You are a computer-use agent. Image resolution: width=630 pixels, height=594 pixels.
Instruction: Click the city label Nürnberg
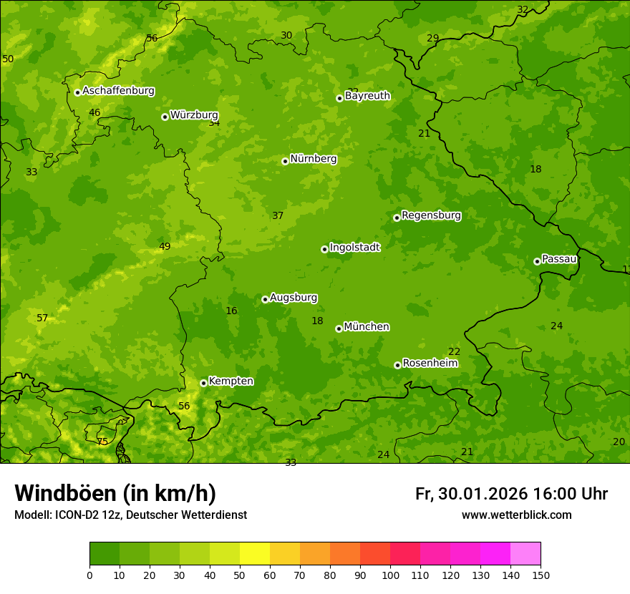pos(313,159)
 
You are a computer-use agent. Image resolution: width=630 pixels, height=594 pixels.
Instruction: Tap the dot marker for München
pos(339,328)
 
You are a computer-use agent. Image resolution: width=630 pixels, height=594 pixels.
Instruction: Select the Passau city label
pos(558,259)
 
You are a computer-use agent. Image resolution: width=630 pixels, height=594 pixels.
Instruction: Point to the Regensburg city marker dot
pos(397,218)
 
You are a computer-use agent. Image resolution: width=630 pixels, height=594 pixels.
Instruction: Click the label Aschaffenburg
pos(118,91)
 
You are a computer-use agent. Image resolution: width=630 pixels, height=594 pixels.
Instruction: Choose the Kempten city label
pos(231,381)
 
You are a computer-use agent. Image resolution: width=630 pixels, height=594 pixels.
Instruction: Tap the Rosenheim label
pos(430,363)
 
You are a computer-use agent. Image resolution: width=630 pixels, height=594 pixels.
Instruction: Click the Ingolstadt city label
pos(354,247)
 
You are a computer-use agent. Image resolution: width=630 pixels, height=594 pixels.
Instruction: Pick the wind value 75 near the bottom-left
pos(102,442)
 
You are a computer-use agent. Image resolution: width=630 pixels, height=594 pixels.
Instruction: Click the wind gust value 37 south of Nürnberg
pos(278,215)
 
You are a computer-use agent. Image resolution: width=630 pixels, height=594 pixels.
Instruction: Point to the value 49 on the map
pos(165,246)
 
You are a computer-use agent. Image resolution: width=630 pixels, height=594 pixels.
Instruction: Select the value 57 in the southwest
pos(42,318)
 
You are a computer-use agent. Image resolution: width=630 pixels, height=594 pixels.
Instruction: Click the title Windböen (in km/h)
pos(115,493)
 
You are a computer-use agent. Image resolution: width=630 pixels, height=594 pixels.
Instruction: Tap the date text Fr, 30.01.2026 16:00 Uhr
pos(511,494)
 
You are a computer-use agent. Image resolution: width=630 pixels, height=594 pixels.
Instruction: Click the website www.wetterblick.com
pos(516,515)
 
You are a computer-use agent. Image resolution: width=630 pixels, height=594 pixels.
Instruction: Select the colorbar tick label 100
pos(390,575)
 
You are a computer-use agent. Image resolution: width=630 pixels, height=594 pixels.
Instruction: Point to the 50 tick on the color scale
pos(240,575)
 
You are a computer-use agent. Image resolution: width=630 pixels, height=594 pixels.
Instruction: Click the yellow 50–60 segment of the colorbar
pos(255,554)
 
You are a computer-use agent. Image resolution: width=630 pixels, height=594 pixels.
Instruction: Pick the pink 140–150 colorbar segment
pos(525,554)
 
